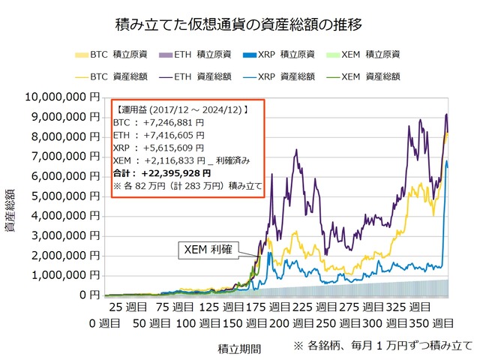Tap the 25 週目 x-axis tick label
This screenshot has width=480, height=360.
[128, 308]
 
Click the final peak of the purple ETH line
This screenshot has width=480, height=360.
[446, 114]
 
